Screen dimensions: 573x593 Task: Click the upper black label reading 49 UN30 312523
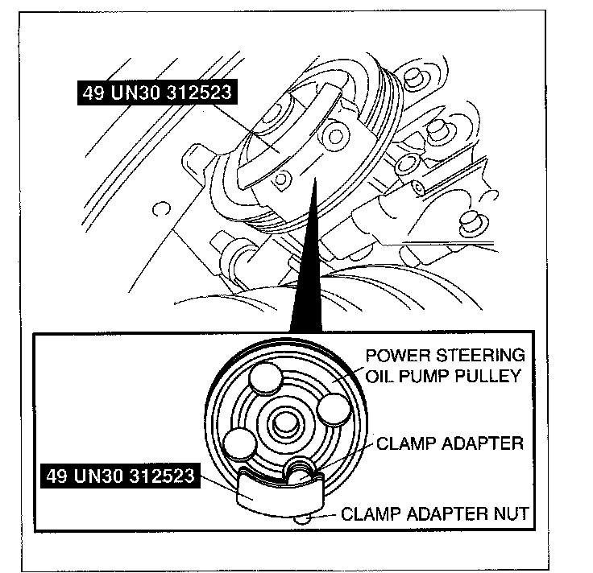[x=157, y=93]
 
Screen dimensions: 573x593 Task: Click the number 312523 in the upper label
[x=193, y=93]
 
